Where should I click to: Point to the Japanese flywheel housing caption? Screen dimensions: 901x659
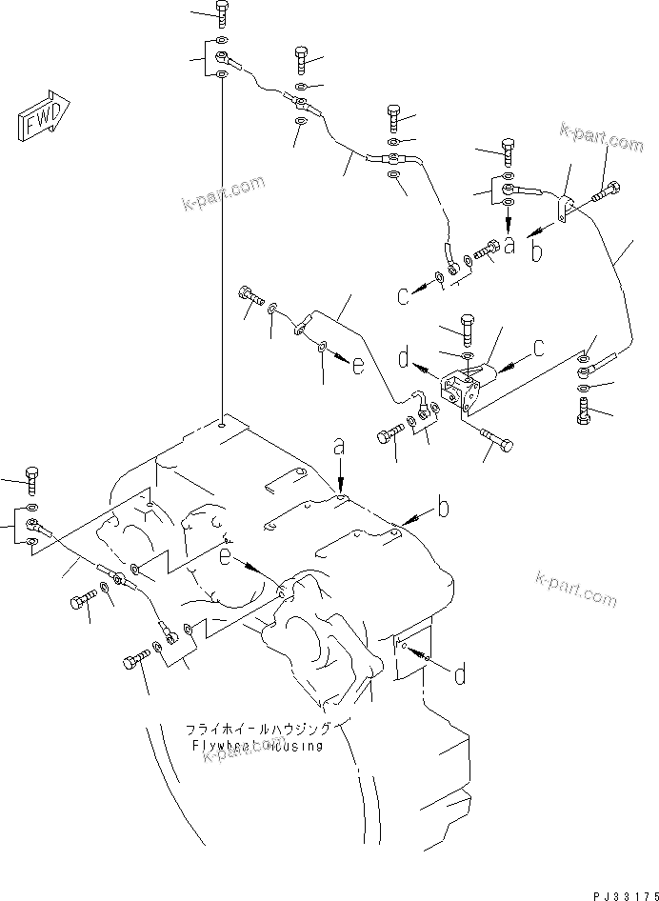tap(258, 729)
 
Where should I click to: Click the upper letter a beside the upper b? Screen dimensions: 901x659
tap(509, 246)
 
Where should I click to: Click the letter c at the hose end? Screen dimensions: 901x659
tap(404, 295)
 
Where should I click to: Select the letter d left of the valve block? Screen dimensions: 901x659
tap(405, 360)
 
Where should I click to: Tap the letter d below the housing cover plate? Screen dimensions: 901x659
tap(459, 676)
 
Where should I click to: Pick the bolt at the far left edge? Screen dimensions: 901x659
tap(31, 476)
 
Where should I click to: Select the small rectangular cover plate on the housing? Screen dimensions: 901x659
tap(410, 656)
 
